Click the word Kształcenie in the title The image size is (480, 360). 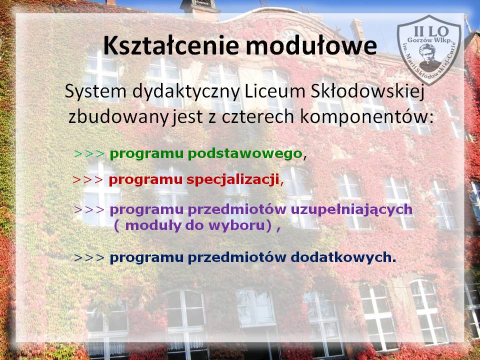pos(170,45)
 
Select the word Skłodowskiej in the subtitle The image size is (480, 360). pos(367,91)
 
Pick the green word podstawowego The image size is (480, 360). pos(245,154)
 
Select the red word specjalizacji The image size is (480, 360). pos(232,180)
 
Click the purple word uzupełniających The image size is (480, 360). pos(351,210)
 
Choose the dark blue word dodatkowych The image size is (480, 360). pos(343,258)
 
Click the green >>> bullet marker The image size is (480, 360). pos(89,153)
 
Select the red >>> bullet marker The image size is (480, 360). pos(88,180)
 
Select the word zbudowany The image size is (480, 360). pos(118,117)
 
